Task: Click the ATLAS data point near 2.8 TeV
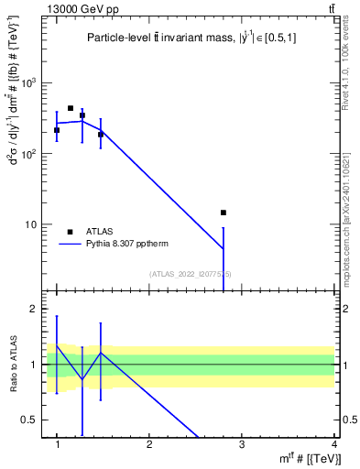pyautogui.click(x=223, y=213)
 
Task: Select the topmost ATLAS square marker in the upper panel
pyautogui.click(x=71, y=108)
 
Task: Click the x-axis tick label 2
pyautogui.click(x=149, y=444)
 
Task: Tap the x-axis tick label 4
pyautogui.click(x=333, y=444)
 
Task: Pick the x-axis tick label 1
pyautogui.click(x=57, y=444)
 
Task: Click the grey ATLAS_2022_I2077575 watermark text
pyautogui.click(x=191, y=274)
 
